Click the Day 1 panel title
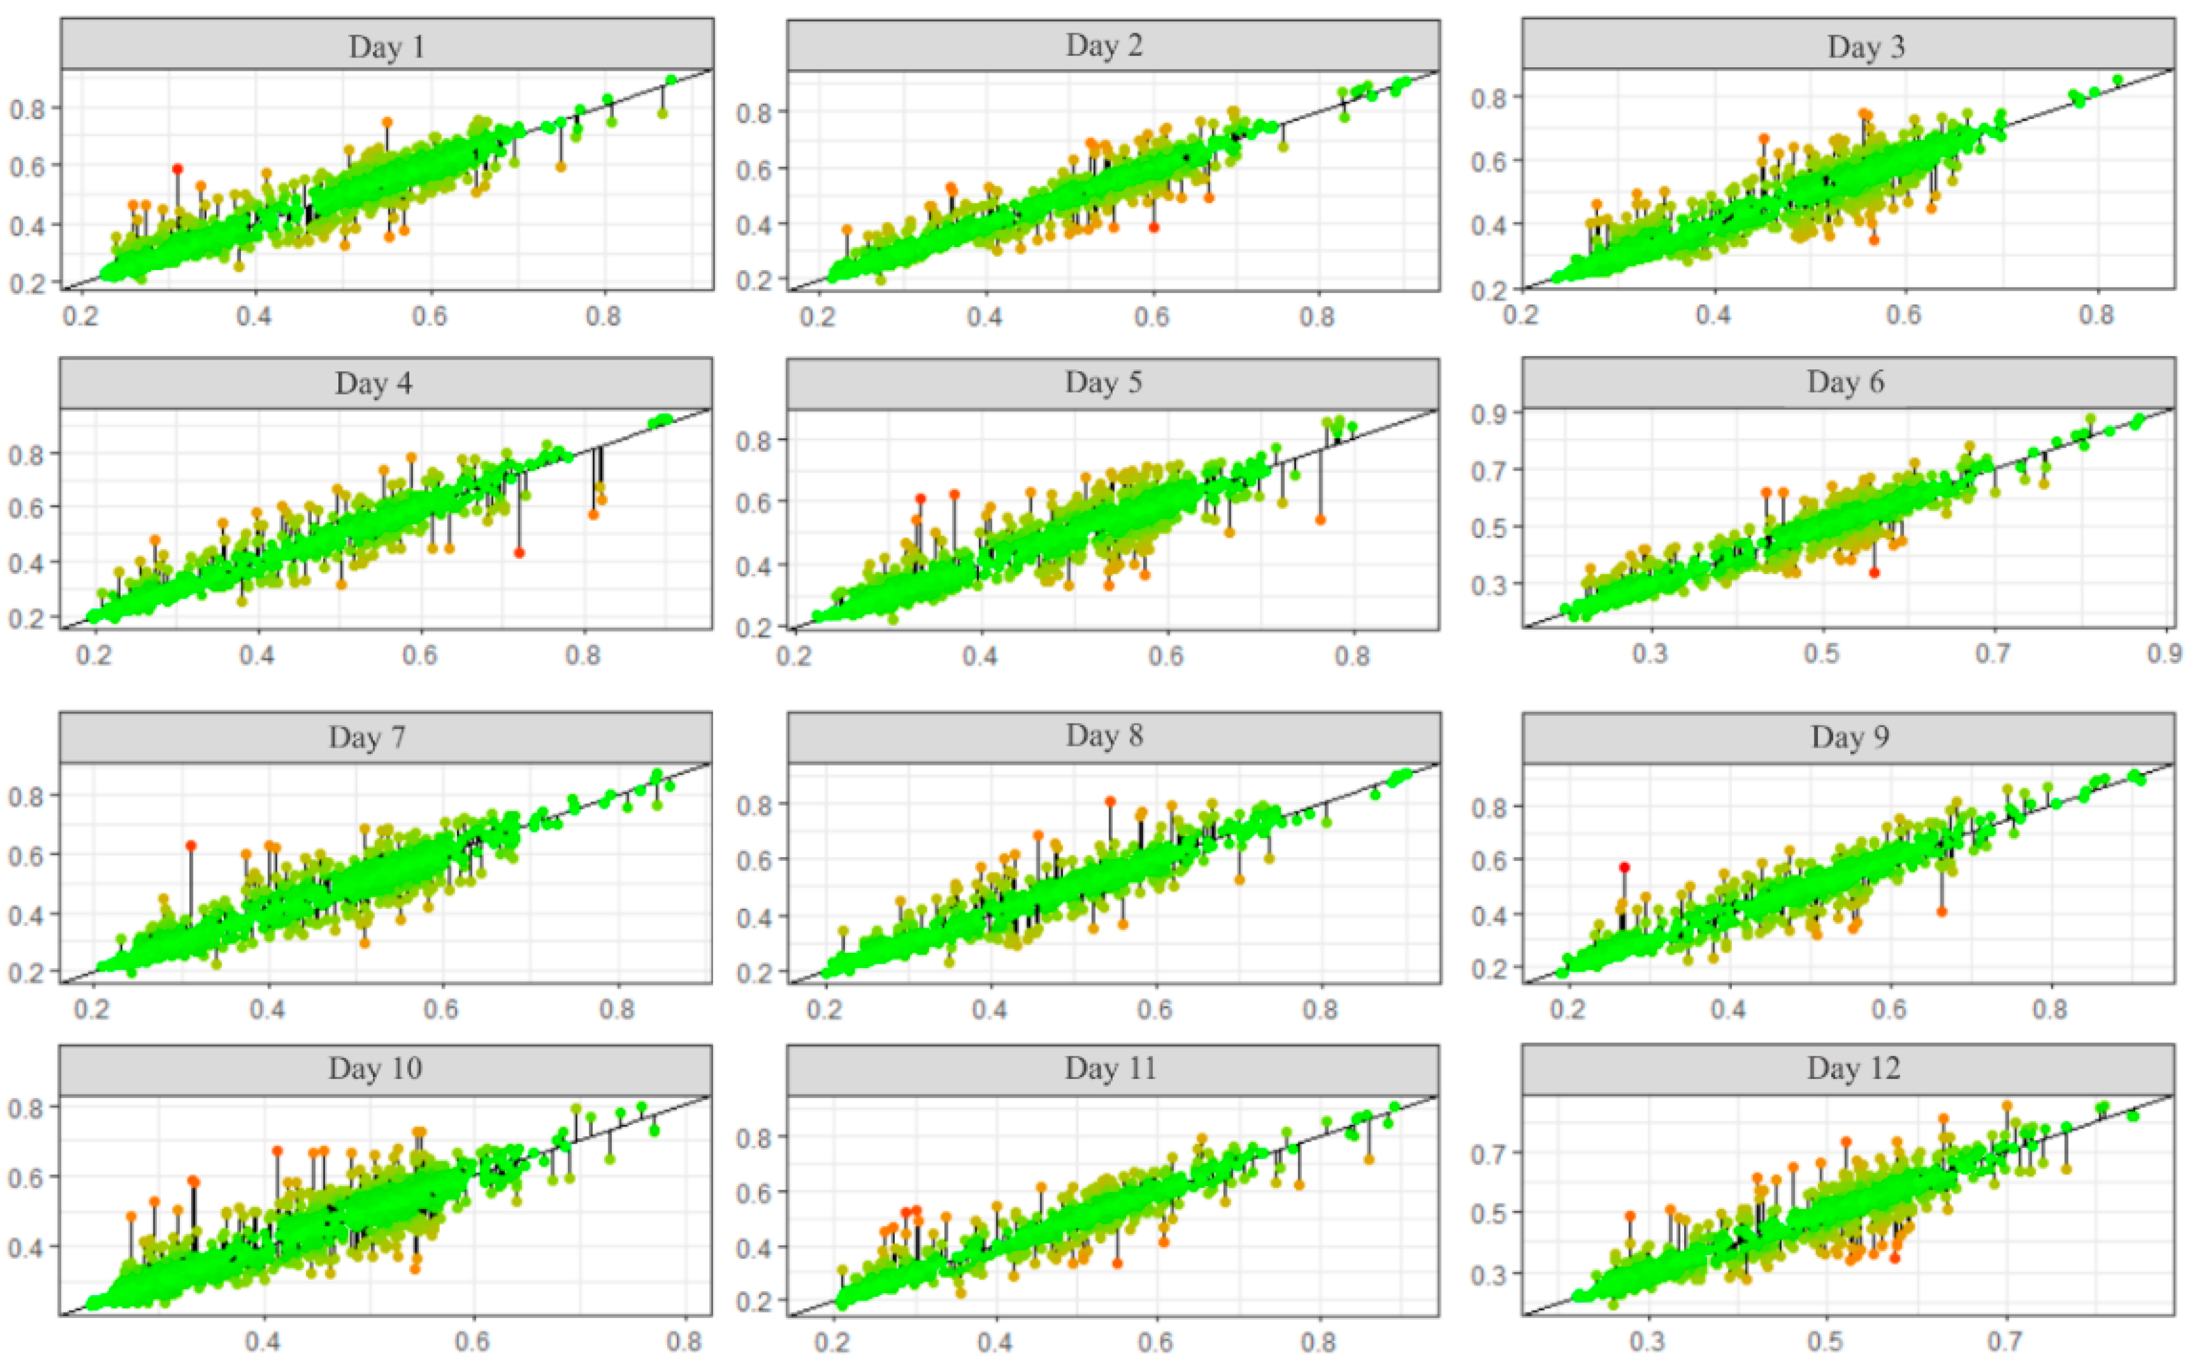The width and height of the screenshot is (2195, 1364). coord(386,46)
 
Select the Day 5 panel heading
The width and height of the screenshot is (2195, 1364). coord(1103,383)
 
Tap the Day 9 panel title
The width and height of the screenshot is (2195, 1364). coord(1849,737)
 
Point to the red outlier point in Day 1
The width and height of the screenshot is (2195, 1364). coord(177,169)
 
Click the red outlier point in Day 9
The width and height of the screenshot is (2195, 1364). coord(1624,867)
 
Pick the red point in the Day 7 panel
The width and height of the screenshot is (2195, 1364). coord(191,845)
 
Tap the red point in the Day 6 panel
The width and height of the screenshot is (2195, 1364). coord(1874,573)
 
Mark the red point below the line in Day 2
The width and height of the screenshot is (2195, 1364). coord(1153,228)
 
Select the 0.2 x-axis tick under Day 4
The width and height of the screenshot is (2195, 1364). coord(94,653)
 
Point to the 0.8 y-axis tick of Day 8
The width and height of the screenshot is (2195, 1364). coord(754,804)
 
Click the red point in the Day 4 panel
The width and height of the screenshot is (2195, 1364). coord(519,552)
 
